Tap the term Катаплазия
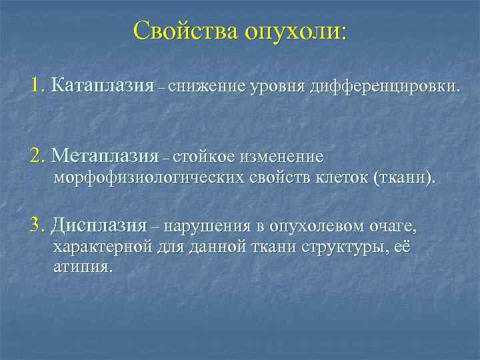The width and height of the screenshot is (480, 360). [103, 86]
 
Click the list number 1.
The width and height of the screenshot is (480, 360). [36, 86]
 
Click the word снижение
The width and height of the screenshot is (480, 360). [207, 87]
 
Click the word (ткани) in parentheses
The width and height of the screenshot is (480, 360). [403, 179]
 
